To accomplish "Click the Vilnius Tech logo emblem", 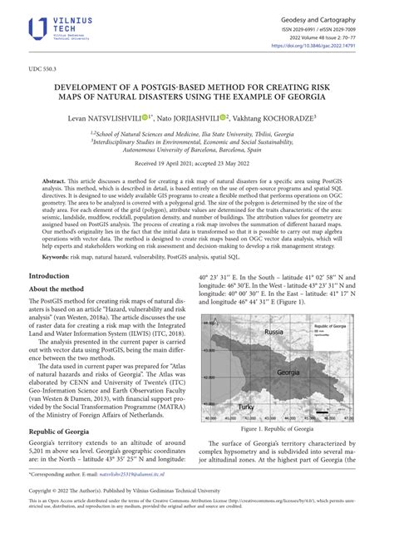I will [x=38, y=29].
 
